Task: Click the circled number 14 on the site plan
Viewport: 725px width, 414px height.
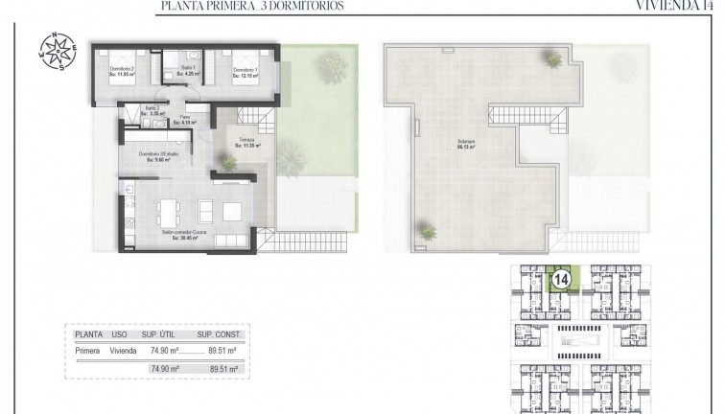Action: click(558, 281)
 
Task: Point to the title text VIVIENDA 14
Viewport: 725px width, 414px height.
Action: click(675, 6)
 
